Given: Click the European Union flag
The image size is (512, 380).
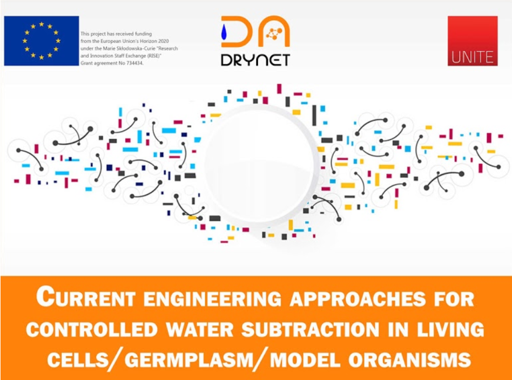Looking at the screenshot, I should tap(41, 40).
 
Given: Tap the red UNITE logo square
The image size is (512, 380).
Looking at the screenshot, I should tap(472, 40).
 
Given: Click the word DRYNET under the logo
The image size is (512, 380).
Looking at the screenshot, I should tap(255, 59).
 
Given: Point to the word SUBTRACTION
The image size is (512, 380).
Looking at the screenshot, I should tap(319, 329).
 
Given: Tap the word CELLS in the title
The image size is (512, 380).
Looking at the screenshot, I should tap(79, 359).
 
